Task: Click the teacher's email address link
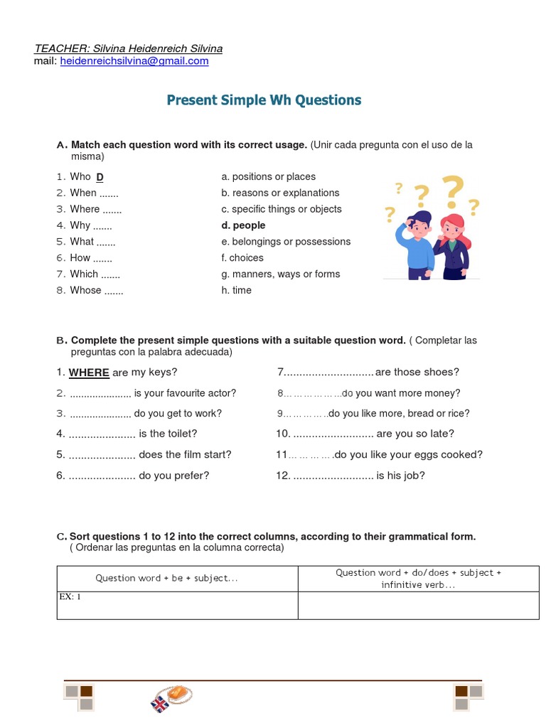(x=134, y=61)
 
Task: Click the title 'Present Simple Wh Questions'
(x=264, y=100)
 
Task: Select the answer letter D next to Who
(x=100, y=177)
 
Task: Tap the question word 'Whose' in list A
(x=85, y=290)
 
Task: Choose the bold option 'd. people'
(x=244, y=225)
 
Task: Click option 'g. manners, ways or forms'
(x=280, y=274)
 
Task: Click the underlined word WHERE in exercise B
(x=89, y=373)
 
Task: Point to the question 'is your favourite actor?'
(x=185, y=393)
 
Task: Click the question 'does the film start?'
(x=185, y=454)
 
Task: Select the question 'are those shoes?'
(x=417, y=372)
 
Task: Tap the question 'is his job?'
(x=400, y=476)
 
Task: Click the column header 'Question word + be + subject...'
(x=166, y=578)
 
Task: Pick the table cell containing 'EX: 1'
(x=177, y=605)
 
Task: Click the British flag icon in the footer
(x=159, y=704)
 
